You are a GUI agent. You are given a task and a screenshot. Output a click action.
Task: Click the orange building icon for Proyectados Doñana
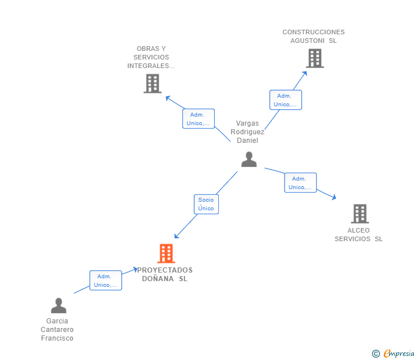tap(166, 253)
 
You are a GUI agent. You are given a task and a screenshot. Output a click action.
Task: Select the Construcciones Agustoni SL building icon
tap(314, 58)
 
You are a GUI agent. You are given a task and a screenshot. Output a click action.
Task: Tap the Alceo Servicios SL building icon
tap(359, 214)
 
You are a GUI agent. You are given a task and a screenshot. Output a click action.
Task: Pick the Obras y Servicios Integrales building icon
tap(152, 83)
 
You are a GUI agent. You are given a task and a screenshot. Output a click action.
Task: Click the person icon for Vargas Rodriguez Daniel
tap(249, 159)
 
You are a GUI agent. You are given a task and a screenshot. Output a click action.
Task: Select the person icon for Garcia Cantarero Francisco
tap(58, 306)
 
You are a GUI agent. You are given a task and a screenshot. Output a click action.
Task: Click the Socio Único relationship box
tap(206, 204)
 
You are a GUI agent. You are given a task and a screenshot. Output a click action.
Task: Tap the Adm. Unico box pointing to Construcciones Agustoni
tap(285, 100)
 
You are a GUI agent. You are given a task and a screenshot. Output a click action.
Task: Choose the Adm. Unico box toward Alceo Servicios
tap(300, 183)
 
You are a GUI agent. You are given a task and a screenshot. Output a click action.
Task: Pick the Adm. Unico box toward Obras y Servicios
tap(198, 119)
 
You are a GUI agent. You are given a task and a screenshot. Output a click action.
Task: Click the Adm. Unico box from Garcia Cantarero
tap(105, 281)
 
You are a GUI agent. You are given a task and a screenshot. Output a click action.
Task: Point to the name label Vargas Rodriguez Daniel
tap(247, 132)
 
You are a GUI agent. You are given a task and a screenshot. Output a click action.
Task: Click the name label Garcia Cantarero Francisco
tap(57, 330)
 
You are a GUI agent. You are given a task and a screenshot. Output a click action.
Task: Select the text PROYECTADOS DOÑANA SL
tap(165, 275)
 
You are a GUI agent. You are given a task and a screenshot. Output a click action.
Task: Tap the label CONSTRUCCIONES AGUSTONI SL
tap(314, 37)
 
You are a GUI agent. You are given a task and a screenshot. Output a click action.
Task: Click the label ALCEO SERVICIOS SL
tap(359, 235)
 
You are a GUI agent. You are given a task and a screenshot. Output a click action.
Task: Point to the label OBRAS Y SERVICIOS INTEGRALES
tap(151, 57)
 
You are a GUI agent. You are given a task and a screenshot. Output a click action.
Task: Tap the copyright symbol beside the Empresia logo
tap(375, 354)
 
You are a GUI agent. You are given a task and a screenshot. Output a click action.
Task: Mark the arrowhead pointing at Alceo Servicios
tap(334, 198)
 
